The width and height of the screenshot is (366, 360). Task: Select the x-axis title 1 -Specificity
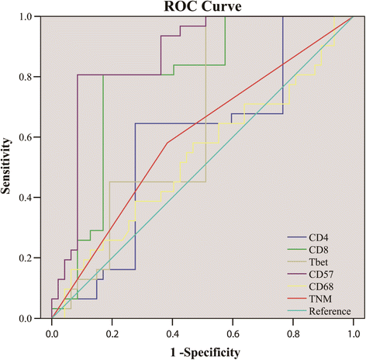tap(202, 351)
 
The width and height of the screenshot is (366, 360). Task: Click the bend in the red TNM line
tap(167, 143)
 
